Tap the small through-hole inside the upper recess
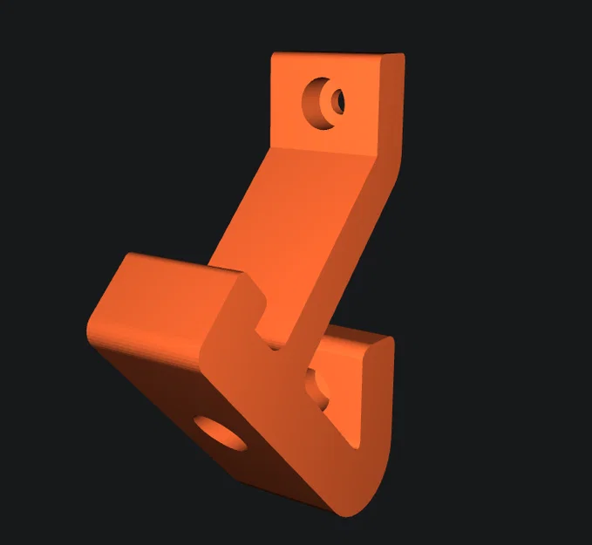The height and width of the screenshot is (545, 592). click(337, 101)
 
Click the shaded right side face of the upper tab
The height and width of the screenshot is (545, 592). click(394, 105)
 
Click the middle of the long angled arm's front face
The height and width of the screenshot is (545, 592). click(296, 235)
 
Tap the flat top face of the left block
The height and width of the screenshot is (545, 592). click(174, 288)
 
